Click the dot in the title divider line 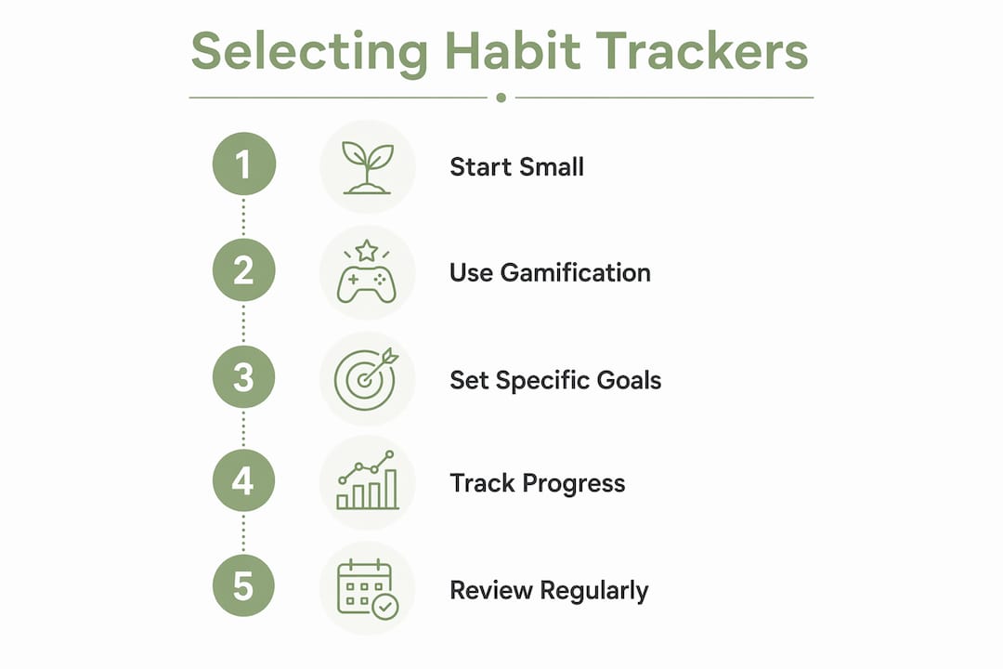click(501, 98)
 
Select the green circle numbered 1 click(243, 164)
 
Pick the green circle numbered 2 click(243, 270)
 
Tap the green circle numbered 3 click(243, 377)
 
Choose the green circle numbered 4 click(243, 480)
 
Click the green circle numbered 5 click(243, 585)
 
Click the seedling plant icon click(367, 167)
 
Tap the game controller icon click(367, 285)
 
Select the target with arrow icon click(366, 379)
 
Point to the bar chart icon click(367, 480)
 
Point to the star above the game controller click(367, 250)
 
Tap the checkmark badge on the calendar click(385, 606)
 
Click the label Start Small click(517, 167)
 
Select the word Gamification click(576, 273)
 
